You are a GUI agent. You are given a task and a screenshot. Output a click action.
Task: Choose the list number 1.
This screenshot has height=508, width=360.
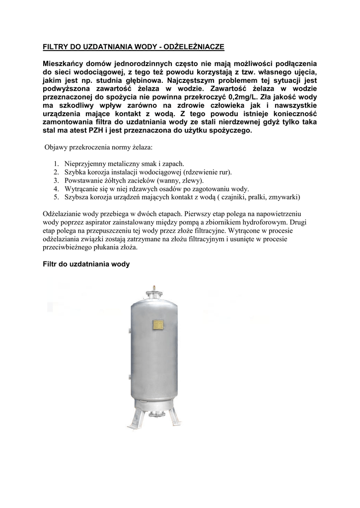pyautogui.click(x=56, y=164)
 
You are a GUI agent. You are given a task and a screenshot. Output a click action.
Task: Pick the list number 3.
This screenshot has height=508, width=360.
pyautogui.click(x=56, y=181)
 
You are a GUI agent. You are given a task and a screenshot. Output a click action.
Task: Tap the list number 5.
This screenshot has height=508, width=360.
pyautogui.click(x=56, y=197)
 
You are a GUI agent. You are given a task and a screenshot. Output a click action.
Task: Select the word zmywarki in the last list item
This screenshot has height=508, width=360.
pyautogui.click(x=283, y=197)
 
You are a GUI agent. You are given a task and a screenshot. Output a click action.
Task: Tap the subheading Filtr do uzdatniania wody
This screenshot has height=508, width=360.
pyautogui.click(x=86, y=264)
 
